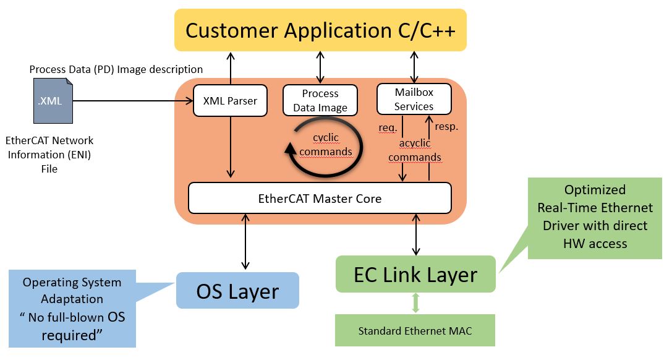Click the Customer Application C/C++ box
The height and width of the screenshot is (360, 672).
(x=320, y=30)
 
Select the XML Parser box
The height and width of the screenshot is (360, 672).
(x=230, y=101)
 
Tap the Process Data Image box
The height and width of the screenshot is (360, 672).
(x=320, y=100)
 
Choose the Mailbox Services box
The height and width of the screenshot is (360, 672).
(x=414, y=99)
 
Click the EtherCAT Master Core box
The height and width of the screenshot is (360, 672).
(x=320, y=199)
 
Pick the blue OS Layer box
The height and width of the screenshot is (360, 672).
(x=237, y=291)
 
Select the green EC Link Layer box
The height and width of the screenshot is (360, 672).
(x=415, y=274)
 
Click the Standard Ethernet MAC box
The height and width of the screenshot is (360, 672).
(x=415, y=330)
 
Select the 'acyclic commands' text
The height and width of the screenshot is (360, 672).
(x=415, y=150)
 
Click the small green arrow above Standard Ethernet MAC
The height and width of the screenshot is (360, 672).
(x=415, y=303)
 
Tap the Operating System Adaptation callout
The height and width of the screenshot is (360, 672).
(x=72, y=308)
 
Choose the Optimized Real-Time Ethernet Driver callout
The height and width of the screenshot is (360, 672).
(x=595, y=216)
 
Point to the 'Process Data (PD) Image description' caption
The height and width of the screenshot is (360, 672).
(x=116, y=69)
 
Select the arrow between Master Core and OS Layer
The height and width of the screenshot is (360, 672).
(x=247, y=241)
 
